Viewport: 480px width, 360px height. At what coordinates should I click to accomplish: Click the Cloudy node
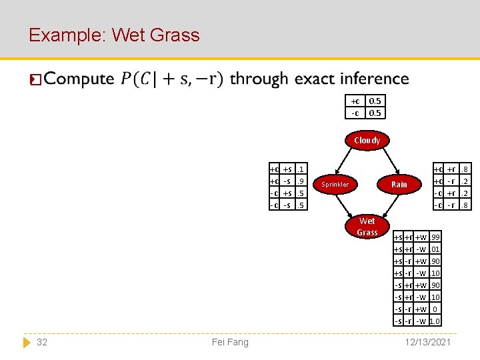pos(367,140)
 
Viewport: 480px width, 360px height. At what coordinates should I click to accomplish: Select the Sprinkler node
pos(335,184)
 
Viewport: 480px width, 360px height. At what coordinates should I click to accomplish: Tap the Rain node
pos(399,184)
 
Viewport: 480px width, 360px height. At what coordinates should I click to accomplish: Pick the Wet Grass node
pos(367,227)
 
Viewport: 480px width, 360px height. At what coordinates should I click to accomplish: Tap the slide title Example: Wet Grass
pos(114,35)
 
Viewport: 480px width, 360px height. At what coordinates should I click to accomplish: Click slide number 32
pos(42,342)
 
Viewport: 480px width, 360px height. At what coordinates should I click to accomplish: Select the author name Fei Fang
pos(229,342)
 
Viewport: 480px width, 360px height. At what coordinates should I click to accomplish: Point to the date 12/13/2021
pos(427,342)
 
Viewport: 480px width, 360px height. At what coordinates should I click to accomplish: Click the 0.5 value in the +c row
pos(375,101)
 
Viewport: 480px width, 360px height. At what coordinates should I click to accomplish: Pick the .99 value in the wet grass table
pos(435,237)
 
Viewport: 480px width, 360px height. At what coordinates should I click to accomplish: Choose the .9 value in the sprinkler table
pos(301,181)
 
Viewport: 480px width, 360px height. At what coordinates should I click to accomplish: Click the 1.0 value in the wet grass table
pos(435,321)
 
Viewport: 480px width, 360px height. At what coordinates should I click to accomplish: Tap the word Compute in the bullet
pos(79,79)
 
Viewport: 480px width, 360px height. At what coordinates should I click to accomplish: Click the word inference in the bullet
pos(374,79)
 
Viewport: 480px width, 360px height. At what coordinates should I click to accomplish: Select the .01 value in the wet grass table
pos(435,249)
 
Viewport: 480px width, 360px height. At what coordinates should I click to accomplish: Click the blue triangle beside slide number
pos(27,342)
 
